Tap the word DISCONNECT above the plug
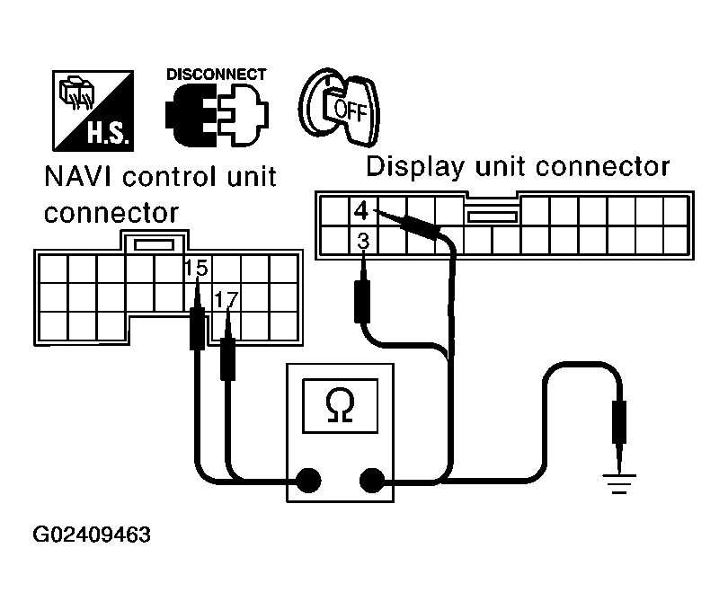pyautogui.click(x=216, y=74)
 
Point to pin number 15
pyautogui.click(x=193, y=269)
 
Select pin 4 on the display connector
pyautogui.click(x=360, y=212)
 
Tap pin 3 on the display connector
pyautogui.click(x=361, y=240)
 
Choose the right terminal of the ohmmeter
pyautogui.click(x=370, y=481)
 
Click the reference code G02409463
pyautogui.click(x=92, y=535)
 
